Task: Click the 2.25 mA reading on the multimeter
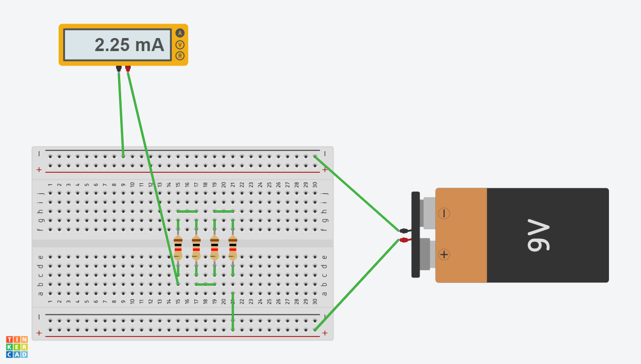pyautogui.click(x=129, y=45)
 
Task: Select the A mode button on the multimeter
pyautogui.click(x=180, y=33)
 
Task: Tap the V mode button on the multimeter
pyautogui.click(x=180, y=45)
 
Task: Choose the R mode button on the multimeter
pyautogui.click(x=180, y=56)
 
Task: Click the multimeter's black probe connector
pyautogui.click(x=119, y=69)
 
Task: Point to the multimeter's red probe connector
pyautogui.click(x=128, y=69)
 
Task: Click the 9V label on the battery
pyautogui.click(x=538, y=235)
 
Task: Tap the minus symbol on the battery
pyautogui.click(x=444, y=213)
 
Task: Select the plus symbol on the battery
pyautogui.click(x=444, y=254)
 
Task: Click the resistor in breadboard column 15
pyautogui.click(x=178, y=248)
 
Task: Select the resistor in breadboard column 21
pyautogui.click(x=233, y=248)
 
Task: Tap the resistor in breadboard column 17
pyautogui.click(x=196, y=248)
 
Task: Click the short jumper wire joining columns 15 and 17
pyautogui.click(x=187, y=211)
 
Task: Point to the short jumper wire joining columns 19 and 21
pyautogui.click(x=224, y=211)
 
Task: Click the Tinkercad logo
pyautogui.click(x=17, y=347)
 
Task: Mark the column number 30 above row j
pyautogui.click(x=315, y=185)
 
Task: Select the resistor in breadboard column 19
pyautogui.click(x=215, y=248)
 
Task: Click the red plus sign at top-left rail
pyautogui.click(x=39, y=170)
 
